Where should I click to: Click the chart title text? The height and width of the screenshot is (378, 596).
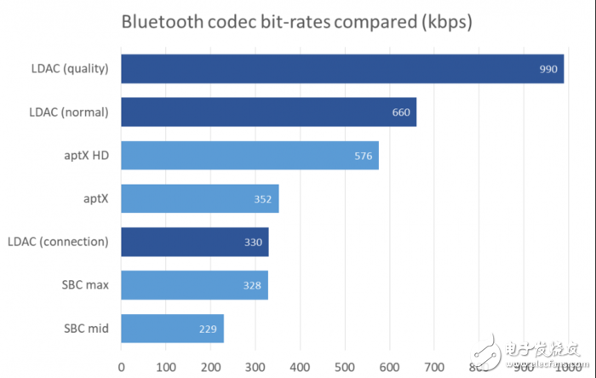(295, 21)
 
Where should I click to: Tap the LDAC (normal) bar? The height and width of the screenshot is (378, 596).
(268, 112)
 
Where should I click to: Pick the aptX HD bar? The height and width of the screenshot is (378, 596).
(249, 156)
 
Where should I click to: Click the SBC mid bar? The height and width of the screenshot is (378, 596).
(172, 329)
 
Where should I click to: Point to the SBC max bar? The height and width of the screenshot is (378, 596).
(194, 285)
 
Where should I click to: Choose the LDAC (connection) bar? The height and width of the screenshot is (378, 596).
(194, 242)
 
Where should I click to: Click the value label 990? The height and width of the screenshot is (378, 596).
(548, 69)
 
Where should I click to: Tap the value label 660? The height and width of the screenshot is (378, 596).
(401, 112)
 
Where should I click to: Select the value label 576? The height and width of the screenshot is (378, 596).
(364, 156)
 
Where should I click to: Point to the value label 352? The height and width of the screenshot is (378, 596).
(262, 199)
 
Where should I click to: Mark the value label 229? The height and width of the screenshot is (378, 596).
(207, 329)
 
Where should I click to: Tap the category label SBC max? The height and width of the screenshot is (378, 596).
(86, 285)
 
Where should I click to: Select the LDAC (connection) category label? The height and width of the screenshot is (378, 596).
(57, 242)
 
